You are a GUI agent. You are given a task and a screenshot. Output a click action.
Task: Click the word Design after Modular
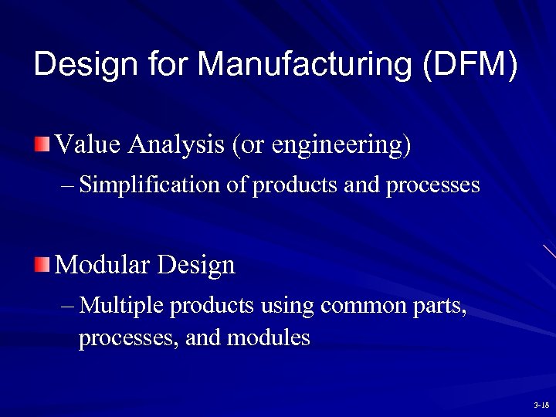tap(196, 266)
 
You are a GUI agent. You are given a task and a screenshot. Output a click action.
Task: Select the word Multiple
tap(121, 307)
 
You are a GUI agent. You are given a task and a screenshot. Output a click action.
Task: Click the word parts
tap(442, 307)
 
